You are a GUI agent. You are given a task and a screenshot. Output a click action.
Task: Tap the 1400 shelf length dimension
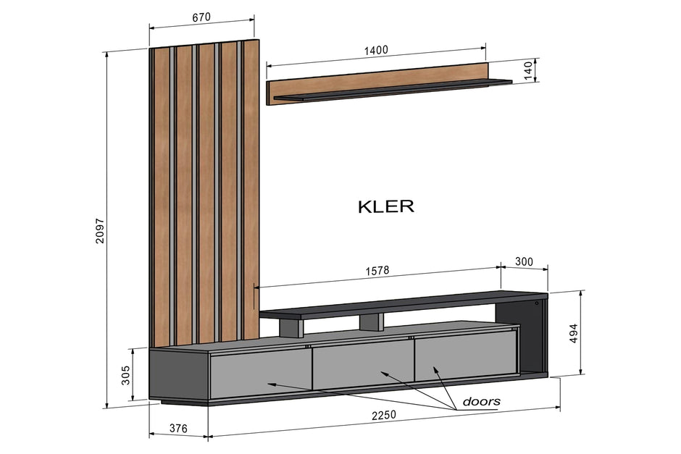click(376, 50)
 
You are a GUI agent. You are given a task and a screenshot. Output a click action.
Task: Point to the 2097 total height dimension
click(100, 230)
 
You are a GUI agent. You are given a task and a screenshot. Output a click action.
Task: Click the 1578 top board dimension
click(377, 271)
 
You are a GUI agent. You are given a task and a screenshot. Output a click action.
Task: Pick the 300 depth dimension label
click(524, 261)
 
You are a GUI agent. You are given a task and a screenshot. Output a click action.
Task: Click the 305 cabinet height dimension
click(125, 374)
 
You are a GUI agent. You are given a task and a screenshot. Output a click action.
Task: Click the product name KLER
click(386, 206)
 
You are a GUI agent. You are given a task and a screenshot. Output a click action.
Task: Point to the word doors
click(481, 401)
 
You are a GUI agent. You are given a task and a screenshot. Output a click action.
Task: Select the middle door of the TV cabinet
click(362, 363)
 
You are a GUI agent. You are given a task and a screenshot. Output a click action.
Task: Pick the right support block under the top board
click(372, 321)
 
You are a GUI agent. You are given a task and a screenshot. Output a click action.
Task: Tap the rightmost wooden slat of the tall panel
click(251, 188)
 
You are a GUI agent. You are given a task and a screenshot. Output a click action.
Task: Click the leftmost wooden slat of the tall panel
click(161, 196)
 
